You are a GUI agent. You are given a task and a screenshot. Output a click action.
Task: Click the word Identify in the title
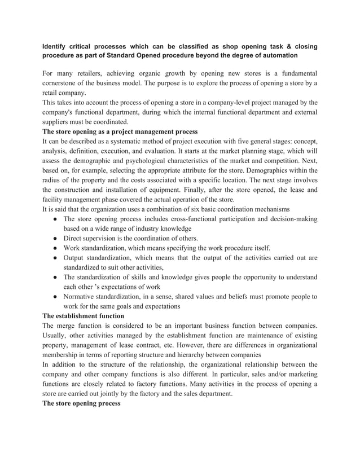58,46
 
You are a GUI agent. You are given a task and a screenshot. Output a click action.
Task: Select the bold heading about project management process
120,131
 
